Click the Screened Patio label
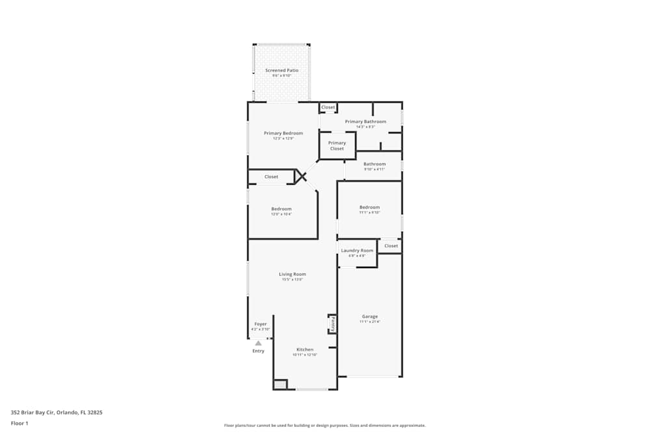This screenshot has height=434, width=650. point(281,70)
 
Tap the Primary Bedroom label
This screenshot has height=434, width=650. point(283,133)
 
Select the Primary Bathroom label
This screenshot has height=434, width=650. point(365,122)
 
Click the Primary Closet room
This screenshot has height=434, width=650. point(337,146)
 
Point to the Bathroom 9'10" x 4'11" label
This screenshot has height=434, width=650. point(374,165)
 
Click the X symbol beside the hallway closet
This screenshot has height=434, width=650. point(300,176)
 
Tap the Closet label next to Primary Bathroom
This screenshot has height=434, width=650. point(328,107)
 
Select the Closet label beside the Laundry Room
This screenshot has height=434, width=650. point(391,246)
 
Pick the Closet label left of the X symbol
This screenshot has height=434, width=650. point(271,177)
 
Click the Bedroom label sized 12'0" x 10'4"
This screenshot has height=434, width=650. point(281,210)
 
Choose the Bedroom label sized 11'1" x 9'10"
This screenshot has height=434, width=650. point(369,208)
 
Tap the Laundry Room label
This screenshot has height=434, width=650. point(357,251)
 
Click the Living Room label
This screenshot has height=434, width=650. point(292,275)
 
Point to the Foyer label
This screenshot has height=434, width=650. point(260,324)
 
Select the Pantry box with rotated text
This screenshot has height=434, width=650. point(332,323)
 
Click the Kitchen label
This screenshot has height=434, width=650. point(304,349)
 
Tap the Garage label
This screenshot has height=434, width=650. point(370,317)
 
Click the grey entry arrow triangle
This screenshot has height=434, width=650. point(258,343)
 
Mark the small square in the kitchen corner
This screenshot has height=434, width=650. point(279,385)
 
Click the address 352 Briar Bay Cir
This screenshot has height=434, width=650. point(56,412)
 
